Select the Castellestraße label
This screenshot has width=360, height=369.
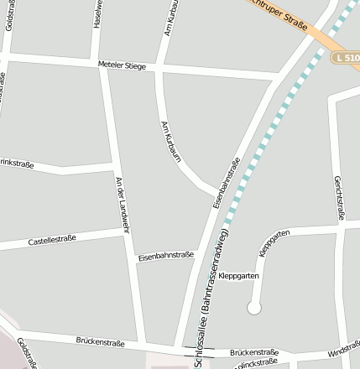pos(52,239)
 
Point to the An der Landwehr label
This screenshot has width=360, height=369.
pos(123,204)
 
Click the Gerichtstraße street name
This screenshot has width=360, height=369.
pos(339,197)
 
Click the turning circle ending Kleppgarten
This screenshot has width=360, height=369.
pos(253,309)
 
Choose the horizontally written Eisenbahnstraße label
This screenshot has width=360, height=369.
pos(166,254)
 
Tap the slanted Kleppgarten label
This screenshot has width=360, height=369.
pos(274,242)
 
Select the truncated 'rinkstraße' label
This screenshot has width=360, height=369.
pos(17,164)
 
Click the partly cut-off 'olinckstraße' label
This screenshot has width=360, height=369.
pos(255,362)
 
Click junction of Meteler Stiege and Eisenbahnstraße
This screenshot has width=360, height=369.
pos(276,81)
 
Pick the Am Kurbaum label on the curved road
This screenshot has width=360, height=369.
pos(170,139)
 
